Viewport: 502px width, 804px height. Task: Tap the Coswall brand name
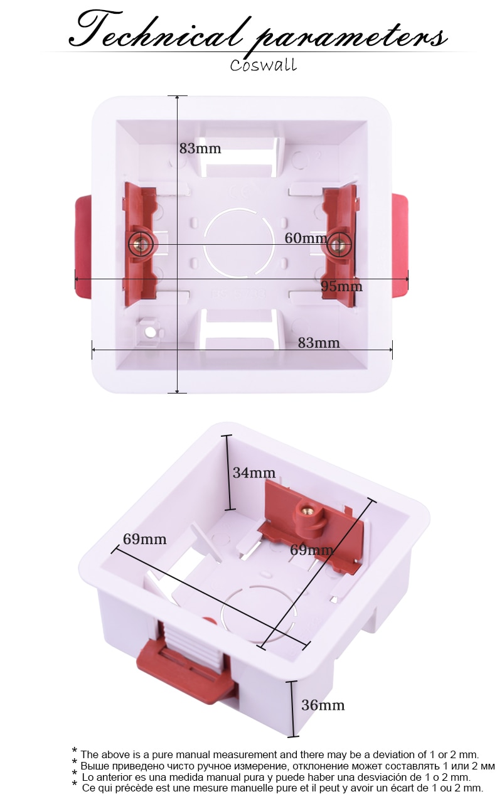(263, 65)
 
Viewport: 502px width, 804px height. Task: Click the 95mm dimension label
(341, 286)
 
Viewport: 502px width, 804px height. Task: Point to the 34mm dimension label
(254, 473)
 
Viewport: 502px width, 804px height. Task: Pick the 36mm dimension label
(323, 705)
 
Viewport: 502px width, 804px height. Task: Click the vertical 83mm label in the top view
(200, 149)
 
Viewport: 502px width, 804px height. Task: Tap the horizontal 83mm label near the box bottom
(318, 343)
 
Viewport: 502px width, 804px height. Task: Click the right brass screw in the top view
(339, 244)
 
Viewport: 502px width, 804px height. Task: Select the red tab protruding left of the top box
(83, 246)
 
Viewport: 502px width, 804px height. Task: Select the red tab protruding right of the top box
(400, 246)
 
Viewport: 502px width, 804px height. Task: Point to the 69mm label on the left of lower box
(144, 539)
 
